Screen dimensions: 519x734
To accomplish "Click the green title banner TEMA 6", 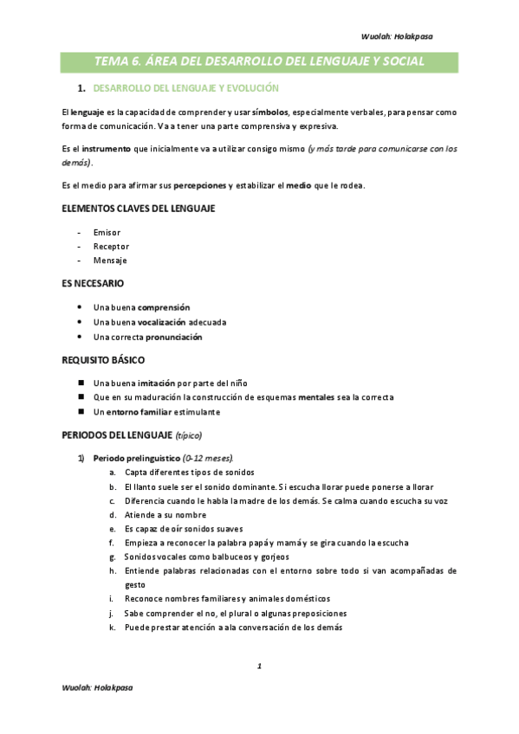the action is point(259,61).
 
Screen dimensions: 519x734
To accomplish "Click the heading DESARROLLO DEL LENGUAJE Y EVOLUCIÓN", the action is point(185,89).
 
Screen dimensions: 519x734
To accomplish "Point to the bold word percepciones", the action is point(200,185).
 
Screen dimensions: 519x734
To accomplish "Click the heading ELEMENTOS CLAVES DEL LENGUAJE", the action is point(139,209).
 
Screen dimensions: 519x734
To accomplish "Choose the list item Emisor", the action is point(107,232).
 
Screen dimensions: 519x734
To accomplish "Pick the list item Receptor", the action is point(112,247).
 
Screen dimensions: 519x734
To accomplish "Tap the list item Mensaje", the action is point(110,261).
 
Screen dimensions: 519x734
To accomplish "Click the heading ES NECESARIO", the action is point(93,284).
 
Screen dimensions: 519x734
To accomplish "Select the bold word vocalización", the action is point(162,322).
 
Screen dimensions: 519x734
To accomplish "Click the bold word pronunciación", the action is point(173,337).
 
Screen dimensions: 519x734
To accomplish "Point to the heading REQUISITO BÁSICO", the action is point(103,360).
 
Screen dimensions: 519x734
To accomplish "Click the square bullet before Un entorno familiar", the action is point(80,411).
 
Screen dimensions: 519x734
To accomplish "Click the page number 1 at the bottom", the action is point(259,666).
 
